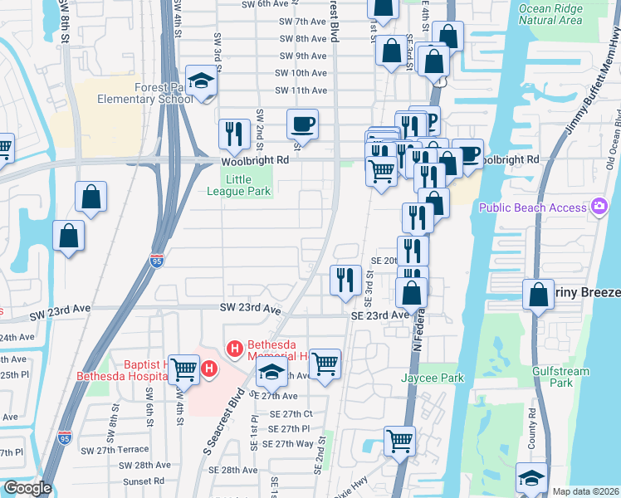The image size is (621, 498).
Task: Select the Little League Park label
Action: (247, 184)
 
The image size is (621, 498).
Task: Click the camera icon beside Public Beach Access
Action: (599, 206)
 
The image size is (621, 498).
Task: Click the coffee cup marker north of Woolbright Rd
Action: (302, 125)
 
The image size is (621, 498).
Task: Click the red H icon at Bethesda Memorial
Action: (235, 348)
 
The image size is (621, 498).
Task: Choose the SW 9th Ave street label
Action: (303, 56)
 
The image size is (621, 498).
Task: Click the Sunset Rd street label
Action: (141, 481)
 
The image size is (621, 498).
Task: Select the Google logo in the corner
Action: (27, 488)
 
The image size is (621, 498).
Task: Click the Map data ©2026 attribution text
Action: (585, 491)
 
